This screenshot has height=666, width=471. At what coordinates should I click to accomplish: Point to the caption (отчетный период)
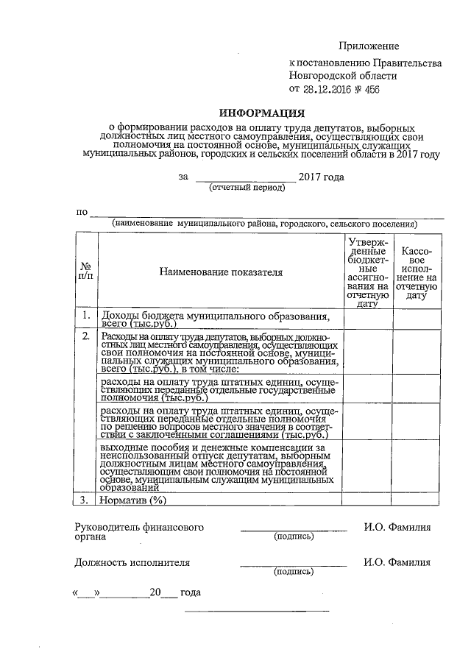[x=247, y=188]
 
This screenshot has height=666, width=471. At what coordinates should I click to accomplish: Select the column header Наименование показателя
[x=221, y=272]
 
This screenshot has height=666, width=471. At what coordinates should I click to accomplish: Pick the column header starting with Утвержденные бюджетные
[x=367, y=272]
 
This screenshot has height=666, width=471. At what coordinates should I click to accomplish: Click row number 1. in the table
[x=86, y=316]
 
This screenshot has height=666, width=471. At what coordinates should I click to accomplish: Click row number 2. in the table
[x=86, y=337]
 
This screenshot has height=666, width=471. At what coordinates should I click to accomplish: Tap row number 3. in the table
[x=85, y=500]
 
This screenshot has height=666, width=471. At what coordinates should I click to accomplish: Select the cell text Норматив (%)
[x=135, y=500]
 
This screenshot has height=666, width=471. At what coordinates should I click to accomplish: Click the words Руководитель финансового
[x=139, y=528]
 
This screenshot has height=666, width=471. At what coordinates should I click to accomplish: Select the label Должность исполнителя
[x=132, y=562]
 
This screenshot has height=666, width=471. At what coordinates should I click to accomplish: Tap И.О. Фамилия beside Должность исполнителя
[x=397, y=562]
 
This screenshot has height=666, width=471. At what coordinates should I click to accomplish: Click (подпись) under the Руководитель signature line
[x=293, y=536]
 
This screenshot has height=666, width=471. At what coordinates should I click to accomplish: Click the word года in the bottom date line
[x=191, y=592]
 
